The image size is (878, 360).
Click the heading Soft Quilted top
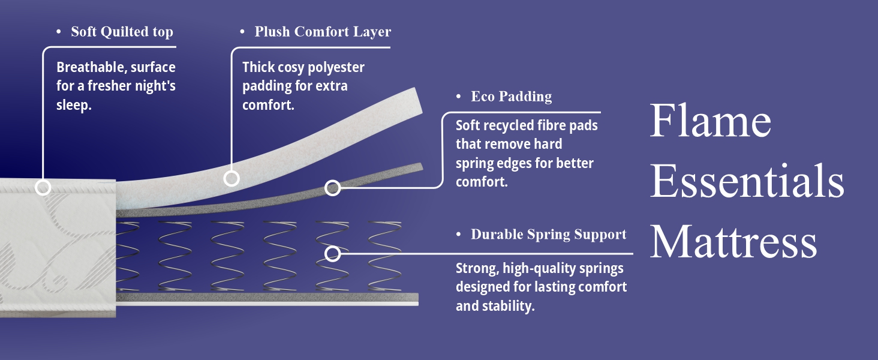(x=122, y=32)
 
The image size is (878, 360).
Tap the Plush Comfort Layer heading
(x=323, y=32)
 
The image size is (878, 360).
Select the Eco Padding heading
(x=511, y=97)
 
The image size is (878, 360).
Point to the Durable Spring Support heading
(x=548, y=235)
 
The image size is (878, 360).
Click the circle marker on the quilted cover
(x=43, y=187)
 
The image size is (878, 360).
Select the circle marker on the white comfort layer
(x=231, y=178)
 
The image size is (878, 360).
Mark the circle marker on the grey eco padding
(x=332, y=188)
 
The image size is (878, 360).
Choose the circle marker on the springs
(x=332, y=254)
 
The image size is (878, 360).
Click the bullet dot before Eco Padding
(x=459, y=97)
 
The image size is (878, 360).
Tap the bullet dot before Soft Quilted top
(x=59, y=32)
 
